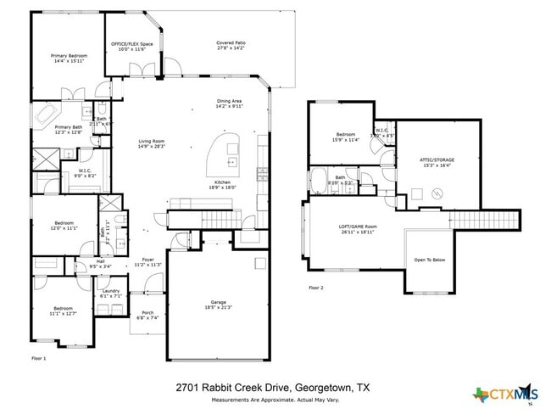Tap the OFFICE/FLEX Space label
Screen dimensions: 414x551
131,46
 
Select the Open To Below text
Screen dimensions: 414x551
429,260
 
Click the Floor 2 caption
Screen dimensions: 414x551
316,288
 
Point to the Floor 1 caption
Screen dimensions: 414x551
38,359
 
